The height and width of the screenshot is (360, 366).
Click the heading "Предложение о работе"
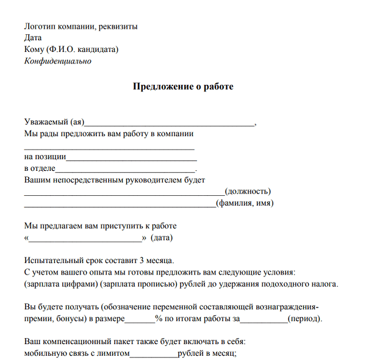tap(183, 87)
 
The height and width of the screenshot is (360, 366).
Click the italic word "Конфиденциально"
tap(57, 61)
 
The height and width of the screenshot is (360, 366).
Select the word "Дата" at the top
tap(33, 38)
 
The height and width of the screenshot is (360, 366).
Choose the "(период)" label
tap(304, 319)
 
